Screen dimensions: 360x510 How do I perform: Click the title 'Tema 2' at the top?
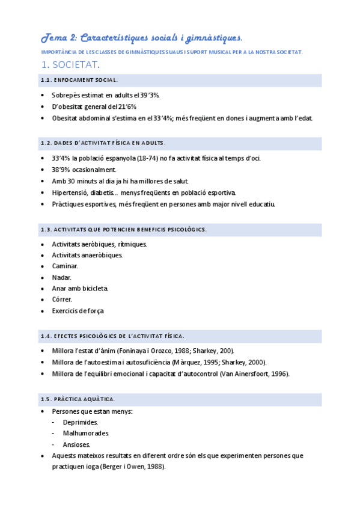(x=58, y=38)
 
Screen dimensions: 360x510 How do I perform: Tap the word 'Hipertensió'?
(x=69, y=193)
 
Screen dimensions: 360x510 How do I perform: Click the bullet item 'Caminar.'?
(x=65, y=266)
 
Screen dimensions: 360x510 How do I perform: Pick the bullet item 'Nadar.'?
(x=61, y=277)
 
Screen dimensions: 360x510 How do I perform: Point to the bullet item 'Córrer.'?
(x=63, y=300)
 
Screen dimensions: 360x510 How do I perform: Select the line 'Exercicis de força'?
(x=78, y=311)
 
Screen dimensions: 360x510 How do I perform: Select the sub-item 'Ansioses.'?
(x=76, y=444)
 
